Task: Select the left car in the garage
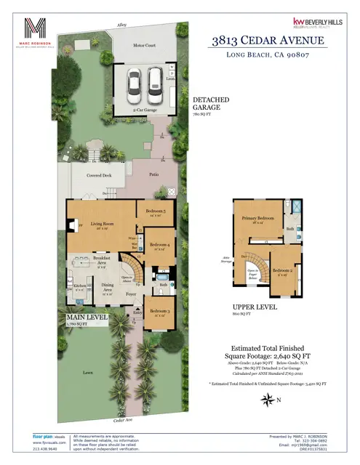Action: pos(135,85)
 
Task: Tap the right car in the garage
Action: pos(156,85)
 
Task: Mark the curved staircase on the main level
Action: pos(129,259)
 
